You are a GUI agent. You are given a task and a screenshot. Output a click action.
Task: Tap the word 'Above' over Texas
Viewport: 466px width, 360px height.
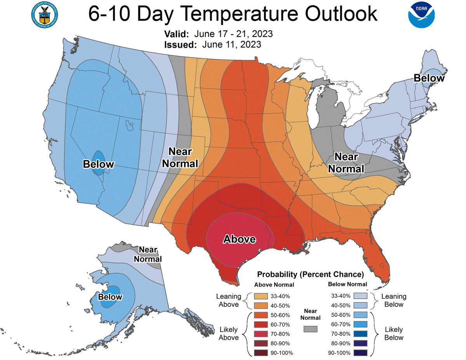(x=239, y=239)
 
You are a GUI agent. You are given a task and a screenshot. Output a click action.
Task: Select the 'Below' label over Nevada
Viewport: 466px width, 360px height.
(x=99, y=164)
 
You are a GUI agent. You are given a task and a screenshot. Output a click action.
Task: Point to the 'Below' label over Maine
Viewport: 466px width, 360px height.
(x=429, y=78)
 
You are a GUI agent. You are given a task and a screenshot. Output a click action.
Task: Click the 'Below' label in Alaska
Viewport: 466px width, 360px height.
(x=110, y=297)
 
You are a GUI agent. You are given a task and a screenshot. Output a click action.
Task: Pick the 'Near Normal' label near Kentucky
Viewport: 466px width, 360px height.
(x=346, y=163)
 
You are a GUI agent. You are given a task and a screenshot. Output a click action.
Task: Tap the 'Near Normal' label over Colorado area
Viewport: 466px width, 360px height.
(x=180, y=158)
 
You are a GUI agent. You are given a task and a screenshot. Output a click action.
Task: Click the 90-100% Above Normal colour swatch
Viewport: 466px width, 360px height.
(x=260, y=353)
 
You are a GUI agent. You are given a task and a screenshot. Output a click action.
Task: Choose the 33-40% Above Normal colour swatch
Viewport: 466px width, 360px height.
(x=260, y=296)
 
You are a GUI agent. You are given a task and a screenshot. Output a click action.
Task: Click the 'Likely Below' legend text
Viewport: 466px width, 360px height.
(x=394, y=334)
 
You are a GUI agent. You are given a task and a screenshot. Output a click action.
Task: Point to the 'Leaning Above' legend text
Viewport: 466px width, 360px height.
(x=228, y=300)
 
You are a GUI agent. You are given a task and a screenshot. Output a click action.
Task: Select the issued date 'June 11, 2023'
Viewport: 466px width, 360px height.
(x=231, y=45)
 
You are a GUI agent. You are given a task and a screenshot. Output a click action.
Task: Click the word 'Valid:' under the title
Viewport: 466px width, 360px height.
(x=177, y=34)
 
